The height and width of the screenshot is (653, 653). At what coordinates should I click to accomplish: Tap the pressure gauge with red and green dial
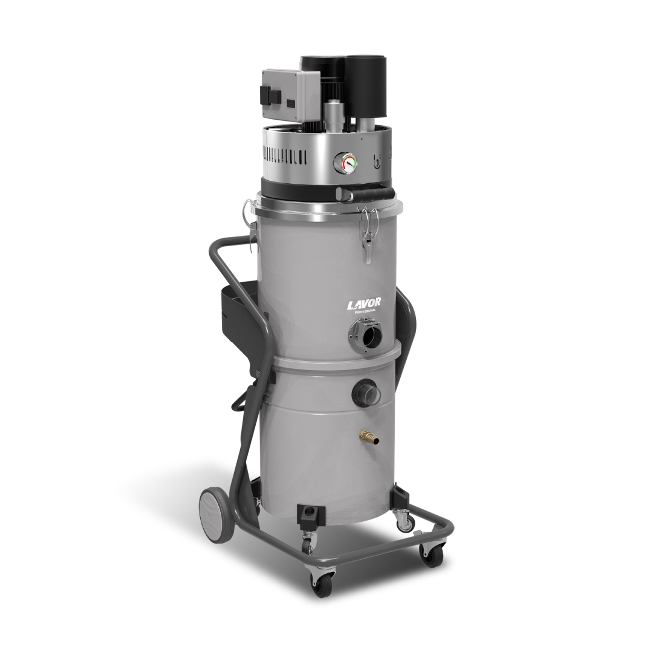coord(345,161)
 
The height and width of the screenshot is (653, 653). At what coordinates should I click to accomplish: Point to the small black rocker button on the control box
coord(290,103)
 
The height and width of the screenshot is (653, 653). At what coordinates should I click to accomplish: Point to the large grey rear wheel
coord(217,515)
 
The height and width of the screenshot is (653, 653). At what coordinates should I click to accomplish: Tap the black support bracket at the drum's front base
coord(311,516)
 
